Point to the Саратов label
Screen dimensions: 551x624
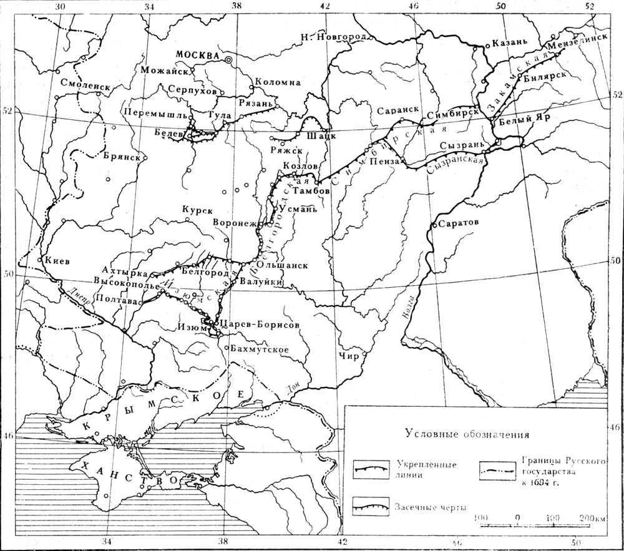point(458,223)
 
